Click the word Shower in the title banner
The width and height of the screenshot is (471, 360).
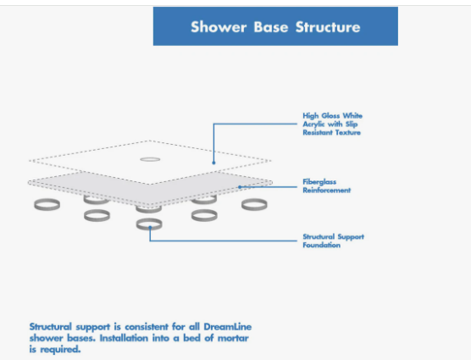pos(219,27)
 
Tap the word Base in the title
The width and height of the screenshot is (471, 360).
pos(271,27)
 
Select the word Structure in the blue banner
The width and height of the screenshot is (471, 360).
pos(328,27)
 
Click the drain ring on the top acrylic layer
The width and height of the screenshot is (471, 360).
pos(150,159)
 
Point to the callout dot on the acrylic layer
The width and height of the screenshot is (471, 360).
pos(213,163)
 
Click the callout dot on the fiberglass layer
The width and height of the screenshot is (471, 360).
pos(240,187)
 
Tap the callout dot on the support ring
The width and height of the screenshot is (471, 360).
pos(150,228)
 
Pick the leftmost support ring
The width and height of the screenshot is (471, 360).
pos(47,205)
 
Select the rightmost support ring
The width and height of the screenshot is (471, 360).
pos(254,204)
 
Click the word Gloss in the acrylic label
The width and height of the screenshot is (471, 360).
pos(330,115)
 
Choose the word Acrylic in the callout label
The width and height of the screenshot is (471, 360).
pos(313,125)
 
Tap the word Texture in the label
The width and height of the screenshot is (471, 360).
pos(348,132)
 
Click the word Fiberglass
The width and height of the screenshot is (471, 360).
pos(319,181)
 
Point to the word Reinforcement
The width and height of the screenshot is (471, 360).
pos(326,190)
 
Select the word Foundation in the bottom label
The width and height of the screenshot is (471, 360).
pos(321,245)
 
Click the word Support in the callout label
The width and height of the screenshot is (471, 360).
pos(351,236)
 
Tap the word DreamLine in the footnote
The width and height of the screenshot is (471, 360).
pos(228,327)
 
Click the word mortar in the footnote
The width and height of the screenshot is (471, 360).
pos(233,338)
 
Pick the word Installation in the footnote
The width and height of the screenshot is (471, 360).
pos(124,338)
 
